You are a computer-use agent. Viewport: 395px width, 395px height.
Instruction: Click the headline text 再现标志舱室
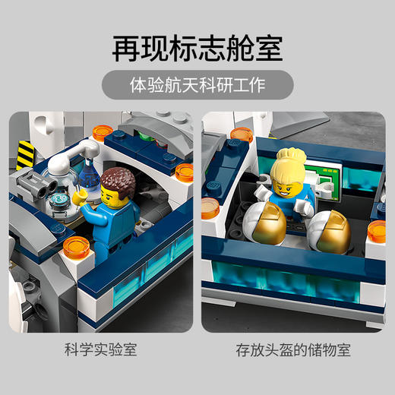click(x=197, y=47)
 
